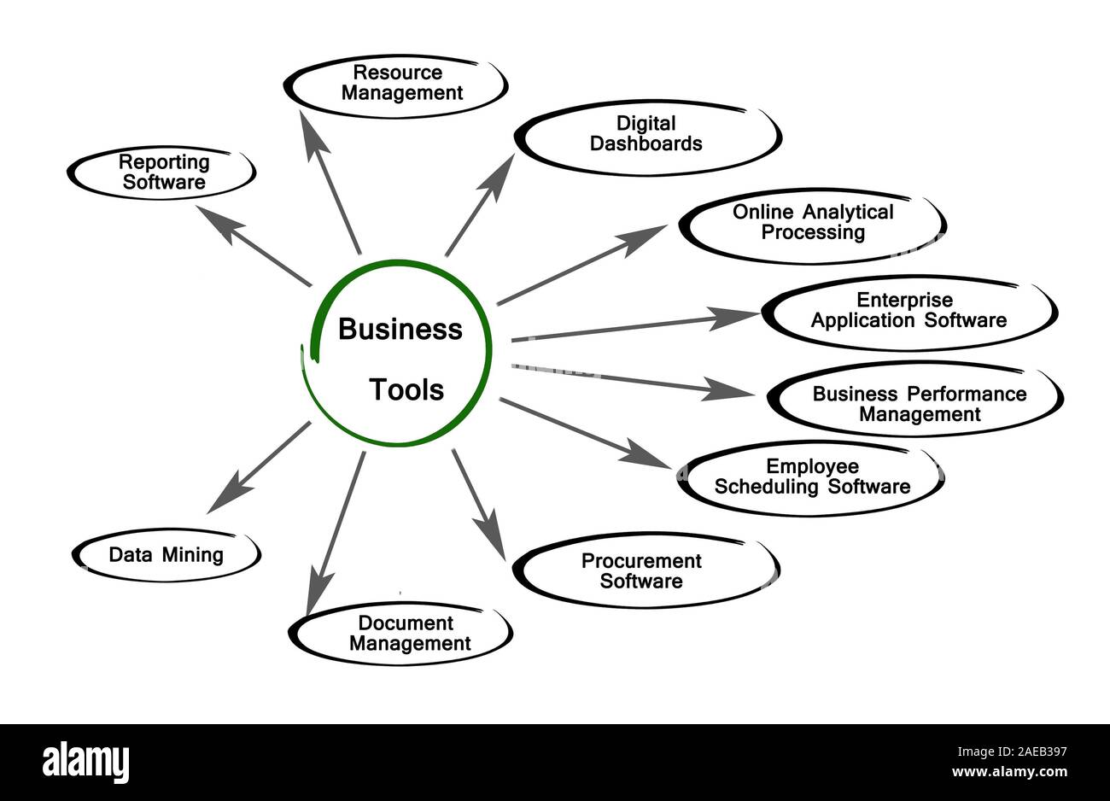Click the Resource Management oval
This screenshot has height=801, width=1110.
pos(397,84)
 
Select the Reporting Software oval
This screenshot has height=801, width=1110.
pos(162,172)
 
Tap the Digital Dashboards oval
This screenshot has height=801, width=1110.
pos(647,135)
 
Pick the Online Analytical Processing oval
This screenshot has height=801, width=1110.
pos(813,222)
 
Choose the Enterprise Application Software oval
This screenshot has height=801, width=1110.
pos(908,311)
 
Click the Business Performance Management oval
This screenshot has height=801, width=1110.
pos(919,404)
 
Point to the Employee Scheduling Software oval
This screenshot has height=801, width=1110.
pos(811,477)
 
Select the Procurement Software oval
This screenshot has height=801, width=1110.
pos(642,570)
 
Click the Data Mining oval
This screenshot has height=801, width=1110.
pos(166,555)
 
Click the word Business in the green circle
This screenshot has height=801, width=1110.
pos(400,329)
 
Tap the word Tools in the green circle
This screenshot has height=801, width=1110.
pos(406,390)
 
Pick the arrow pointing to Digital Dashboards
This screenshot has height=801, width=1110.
pos(479,205)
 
